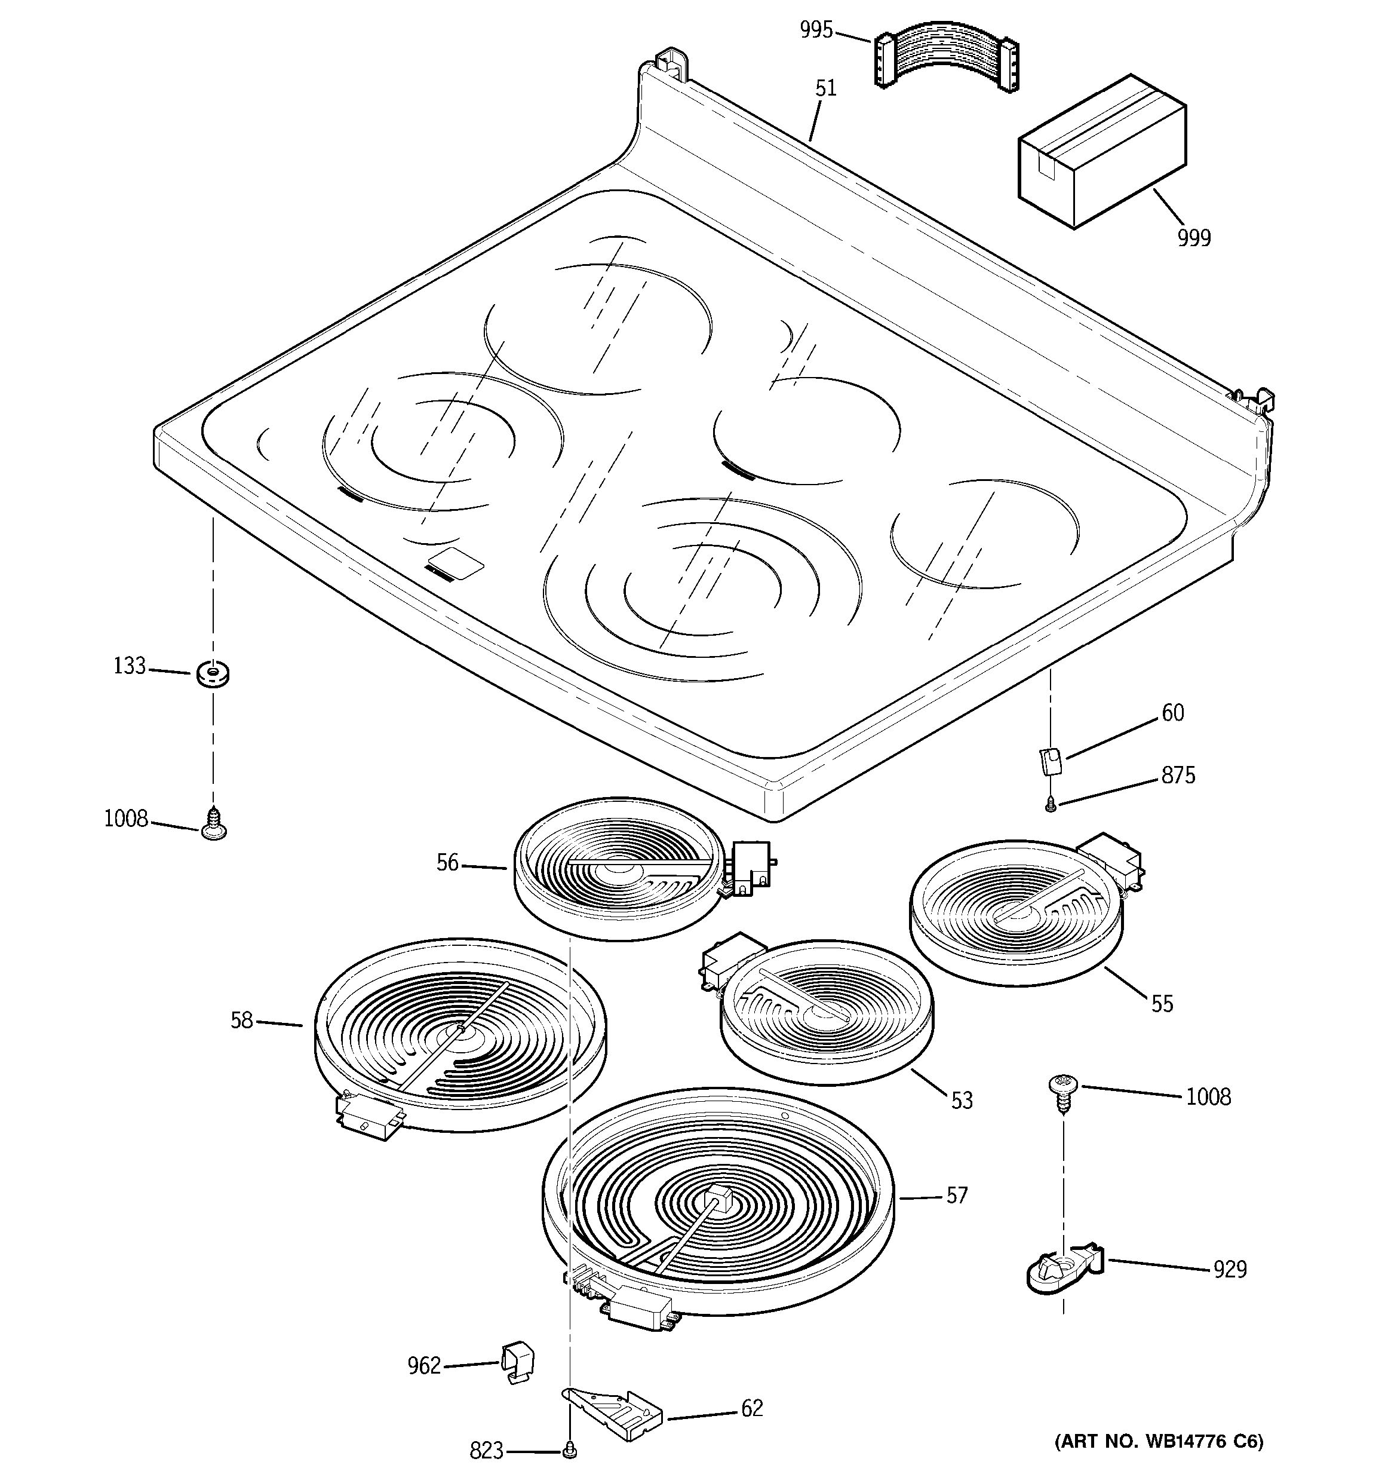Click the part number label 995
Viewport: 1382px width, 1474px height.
[816, 30]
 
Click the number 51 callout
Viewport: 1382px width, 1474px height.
[825, 88]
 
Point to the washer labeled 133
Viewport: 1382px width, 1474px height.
[213, 674]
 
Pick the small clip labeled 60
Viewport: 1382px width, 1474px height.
[1050, 761]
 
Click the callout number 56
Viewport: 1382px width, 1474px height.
[447, 862]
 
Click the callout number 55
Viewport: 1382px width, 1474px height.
[1162, 1004]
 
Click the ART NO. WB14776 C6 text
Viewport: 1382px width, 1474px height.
[1157, 1441]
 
